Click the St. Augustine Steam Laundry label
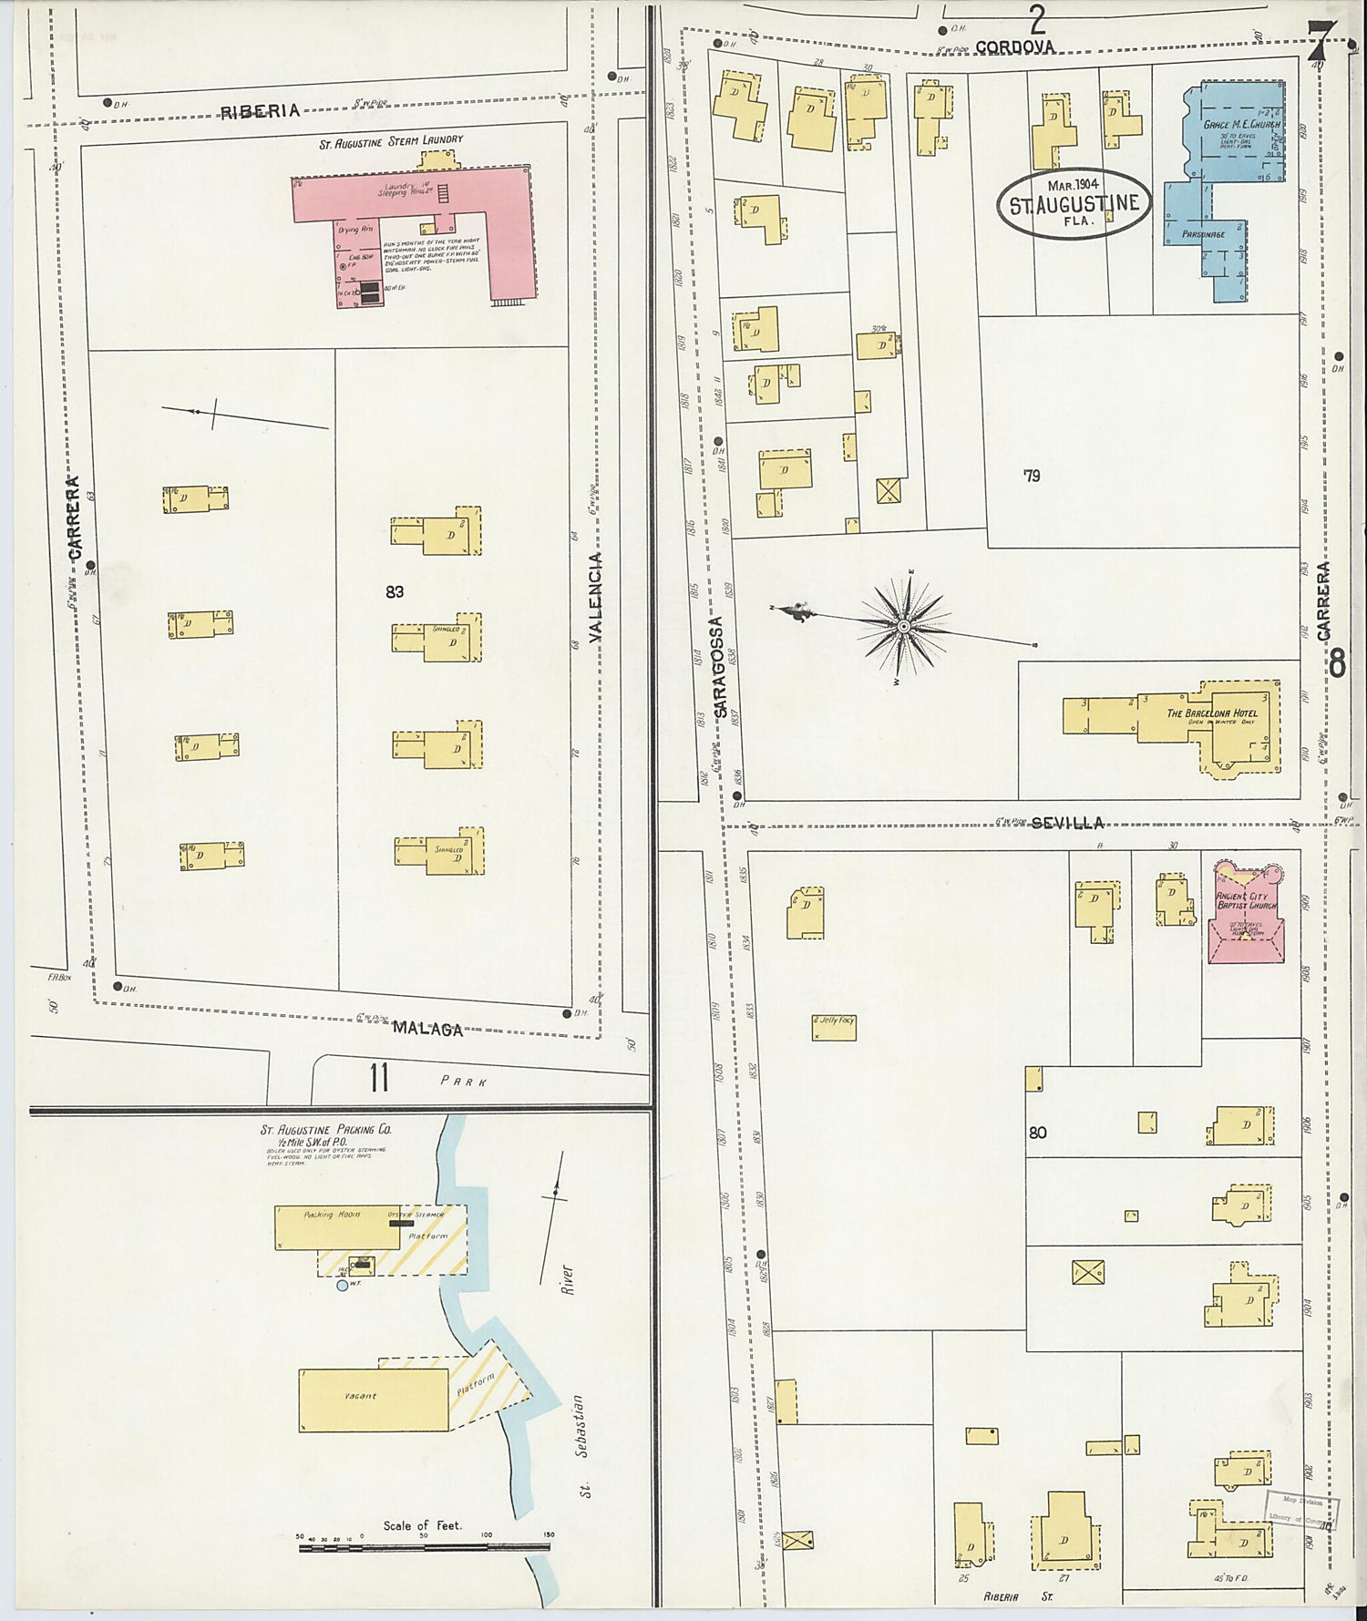(x=391, y=140)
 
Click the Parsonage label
(x=1203, y=234)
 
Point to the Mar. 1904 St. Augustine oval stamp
(x=1074, y=202)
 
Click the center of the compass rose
(x=903, y=626)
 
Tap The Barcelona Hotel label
(x=1212, y=713)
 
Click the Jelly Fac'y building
(x=834, y=1026)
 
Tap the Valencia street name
(x=596, y=597)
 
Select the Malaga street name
(x=427, y=1029)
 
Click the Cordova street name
(x=1014, y=46)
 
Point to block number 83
(x=395, y=591)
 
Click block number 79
(x=1031, y=475)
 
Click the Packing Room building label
(x=332, y=1214)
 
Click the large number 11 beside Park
(x=379, y=1078)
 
